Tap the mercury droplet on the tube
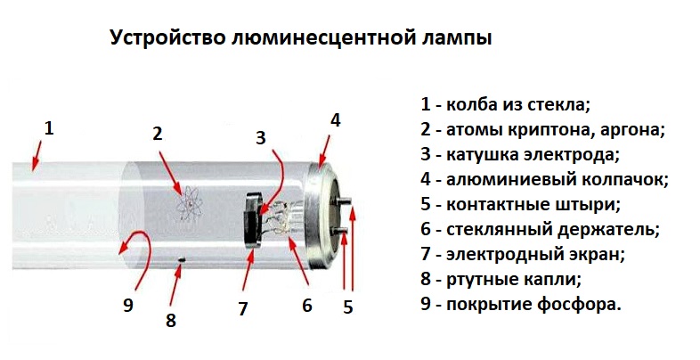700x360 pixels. click(x=182, y=258)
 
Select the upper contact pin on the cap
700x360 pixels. click(x=345, y=200)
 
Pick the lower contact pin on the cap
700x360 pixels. click(x=341, y=231)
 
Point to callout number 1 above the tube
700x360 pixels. click(x=49, y=127)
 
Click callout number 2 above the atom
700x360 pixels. click(x=158, y=134)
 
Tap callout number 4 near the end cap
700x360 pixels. click(x=335, y=120)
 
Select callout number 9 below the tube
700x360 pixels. click(x=128, y=305)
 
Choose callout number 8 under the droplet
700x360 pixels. click(x=171, y=320)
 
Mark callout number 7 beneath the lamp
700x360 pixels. click(x=243, y=308)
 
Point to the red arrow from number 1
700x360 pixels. click(x=36, y=155)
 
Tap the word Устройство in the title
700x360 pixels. click(x=167, y=37)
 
